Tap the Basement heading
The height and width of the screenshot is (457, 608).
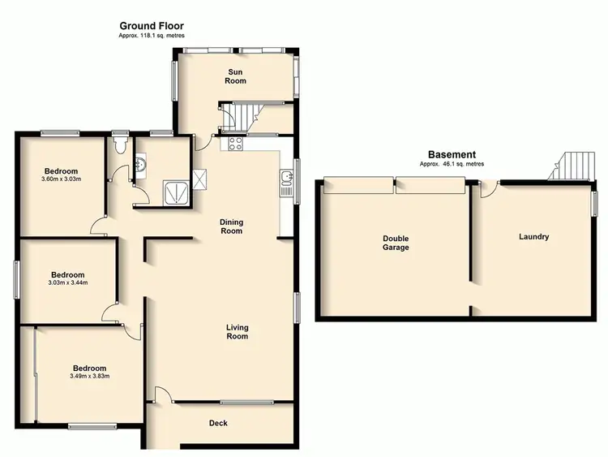coord(452,154)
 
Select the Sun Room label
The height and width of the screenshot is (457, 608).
coord(236,76)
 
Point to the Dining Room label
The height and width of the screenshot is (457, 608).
coord(232,226)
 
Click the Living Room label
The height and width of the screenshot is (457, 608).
coord(237,331)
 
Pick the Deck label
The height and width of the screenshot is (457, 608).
coord(218,423)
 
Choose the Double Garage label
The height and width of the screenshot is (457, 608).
coord(396,243)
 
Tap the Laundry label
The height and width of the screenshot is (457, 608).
coord(534,237)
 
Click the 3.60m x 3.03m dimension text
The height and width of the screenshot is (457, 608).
coord(62,179)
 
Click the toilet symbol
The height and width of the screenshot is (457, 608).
coord(122,144)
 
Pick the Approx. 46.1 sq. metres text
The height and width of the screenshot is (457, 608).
coord(452,164)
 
